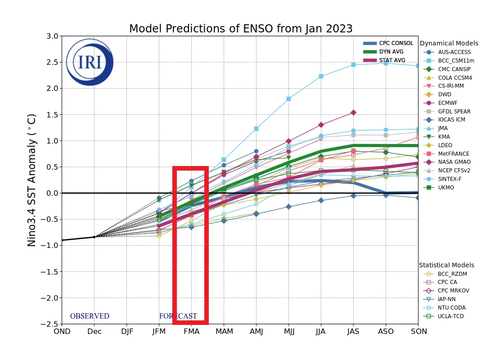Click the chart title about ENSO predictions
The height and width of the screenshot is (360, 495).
241,29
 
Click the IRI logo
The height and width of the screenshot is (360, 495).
90,62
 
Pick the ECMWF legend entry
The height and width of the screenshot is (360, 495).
448,103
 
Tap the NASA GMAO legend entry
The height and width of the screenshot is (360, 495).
454,162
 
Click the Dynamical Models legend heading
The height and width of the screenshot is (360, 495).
449,44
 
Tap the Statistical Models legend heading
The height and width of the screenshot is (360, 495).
446,265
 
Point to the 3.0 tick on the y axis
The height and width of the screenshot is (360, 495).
52,36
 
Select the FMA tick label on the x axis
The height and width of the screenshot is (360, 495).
191,332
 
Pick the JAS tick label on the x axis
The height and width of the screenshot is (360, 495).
353,332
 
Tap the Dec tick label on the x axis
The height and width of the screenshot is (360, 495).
94,332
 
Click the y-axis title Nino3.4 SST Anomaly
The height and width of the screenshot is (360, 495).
32,180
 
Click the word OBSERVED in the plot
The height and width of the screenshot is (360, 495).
90,316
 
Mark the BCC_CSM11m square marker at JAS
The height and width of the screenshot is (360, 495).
353,65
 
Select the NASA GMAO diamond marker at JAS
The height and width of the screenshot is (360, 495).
353,112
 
